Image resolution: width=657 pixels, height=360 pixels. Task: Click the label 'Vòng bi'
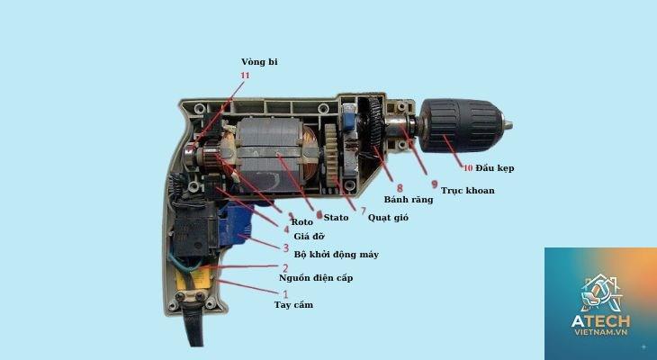[259, 62]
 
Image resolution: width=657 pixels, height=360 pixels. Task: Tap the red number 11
[245, 76]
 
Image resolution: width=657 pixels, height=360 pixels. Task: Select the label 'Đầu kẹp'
[495, 168]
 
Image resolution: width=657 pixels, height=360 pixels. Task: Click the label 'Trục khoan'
[468, 191]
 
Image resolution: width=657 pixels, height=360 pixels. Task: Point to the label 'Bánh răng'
[409, 200]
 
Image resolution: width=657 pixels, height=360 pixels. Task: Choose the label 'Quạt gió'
[388, 218]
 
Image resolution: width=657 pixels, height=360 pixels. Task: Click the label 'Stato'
[336, 217]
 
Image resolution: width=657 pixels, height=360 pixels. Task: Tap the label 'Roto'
[302, 222]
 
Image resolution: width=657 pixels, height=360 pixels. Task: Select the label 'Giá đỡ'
[310, 237]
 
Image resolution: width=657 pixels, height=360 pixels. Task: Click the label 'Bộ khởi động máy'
[336, 255]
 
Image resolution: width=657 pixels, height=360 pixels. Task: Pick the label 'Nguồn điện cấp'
[316, 278]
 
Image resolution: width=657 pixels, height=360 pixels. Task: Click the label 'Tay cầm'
[293, 305]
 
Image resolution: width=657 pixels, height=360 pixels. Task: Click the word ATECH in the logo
[600, 321]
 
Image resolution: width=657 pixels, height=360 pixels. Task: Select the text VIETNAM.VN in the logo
[601, 332]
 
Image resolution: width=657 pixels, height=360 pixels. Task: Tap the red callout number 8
[400, 188]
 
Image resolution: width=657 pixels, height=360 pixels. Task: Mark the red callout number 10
[468, 168]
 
